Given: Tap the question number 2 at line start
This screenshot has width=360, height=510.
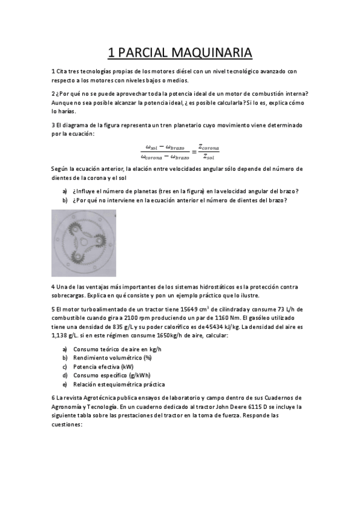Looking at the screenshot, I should pyautogui.click(x=53, y=93).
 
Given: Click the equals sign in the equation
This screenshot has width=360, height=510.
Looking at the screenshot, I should pyautogui.click(x=194, y=152).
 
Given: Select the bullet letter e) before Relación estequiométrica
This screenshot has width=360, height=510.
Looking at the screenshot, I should pyautogui.click(x=65, y=384).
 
